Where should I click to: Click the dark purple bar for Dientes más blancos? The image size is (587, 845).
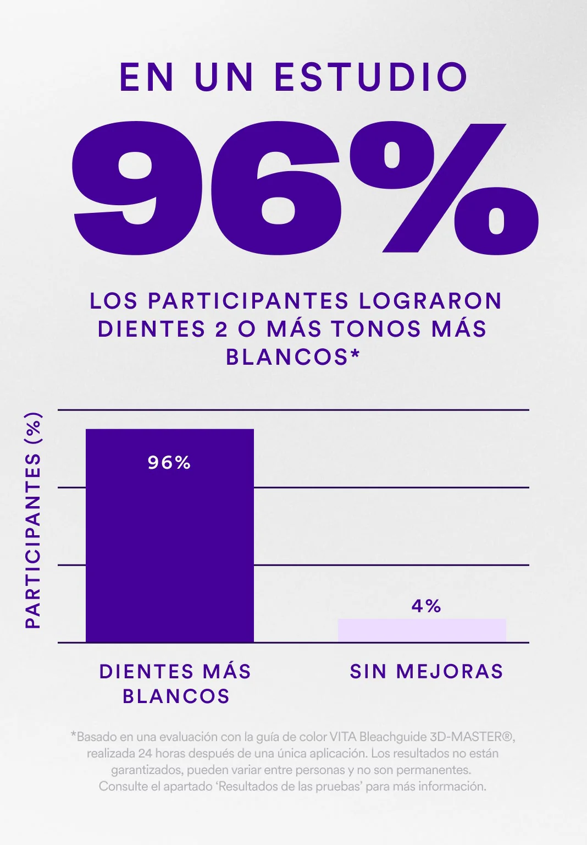(x=169, y=550)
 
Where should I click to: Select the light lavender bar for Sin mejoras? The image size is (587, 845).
(x=422, y=630)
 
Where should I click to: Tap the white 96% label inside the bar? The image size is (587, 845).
(x=169, y=463)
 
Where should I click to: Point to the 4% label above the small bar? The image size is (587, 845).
(x=427, y=606)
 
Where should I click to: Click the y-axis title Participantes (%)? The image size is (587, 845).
(x=34, y=520)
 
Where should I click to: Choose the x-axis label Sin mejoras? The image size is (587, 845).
(x=427, y=672)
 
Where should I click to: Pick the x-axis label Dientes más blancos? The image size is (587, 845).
(x=175, y=684)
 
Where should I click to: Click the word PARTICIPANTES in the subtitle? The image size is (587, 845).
(x=248, y=301)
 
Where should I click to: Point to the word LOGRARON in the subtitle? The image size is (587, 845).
(x=430, y=301)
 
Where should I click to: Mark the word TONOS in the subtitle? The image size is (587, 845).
(x=376, y=329)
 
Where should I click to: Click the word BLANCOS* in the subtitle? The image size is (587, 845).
(x=292, y=357)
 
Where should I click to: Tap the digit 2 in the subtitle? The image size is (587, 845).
(x=221, y=329)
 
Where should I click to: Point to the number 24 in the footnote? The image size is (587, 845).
(x=145, y=753)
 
